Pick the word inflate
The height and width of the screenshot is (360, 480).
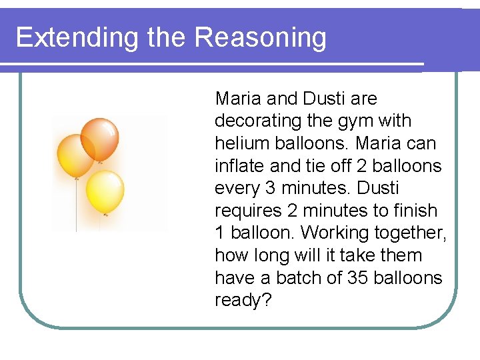[239, 165]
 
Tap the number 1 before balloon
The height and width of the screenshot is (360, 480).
[220, 233]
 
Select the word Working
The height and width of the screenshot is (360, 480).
[340, 233]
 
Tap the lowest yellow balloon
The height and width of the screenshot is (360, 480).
[105, 191]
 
